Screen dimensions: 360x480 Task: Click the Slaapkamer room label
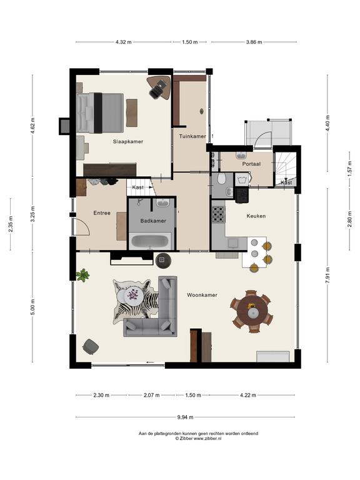click(128, 142)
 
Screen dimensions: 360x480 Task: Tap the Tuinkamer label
click(192, 136)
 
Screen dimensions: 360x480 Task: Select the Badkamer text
click(153, 221)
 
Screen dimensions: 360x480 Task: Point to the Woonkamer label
click(202, 295)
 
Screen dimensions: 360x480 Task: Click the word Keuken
click(256, 216)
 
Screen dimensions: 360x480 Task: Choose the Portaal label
click(251, 164)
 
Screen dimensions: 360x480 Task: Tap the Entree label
click(102, 213)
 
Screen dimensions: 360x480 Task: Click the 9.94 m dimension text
click(186, 417)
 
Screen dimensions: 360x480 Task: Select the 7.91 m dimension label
click(327, 276)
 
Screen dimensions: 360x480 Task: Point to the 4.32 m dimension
click(124, 42)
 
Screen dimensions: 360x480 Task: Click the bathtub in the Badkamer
click(150, 242)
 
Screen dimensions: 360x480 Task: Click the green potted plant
click(82, 275)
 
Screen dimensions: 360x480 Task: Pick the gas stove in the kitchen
click(219, 214)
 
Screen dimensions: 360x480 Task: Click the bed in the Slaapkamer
click(100, 113)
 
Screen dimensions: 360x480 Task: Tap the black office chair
click(157, 89)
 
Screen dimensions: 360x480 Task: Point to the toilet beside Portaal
click(222, 178)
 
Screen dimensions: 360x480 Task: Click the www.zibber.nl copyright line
click(198, 438)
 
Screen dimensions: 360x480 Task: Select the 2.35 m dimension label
click(11, 224)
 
